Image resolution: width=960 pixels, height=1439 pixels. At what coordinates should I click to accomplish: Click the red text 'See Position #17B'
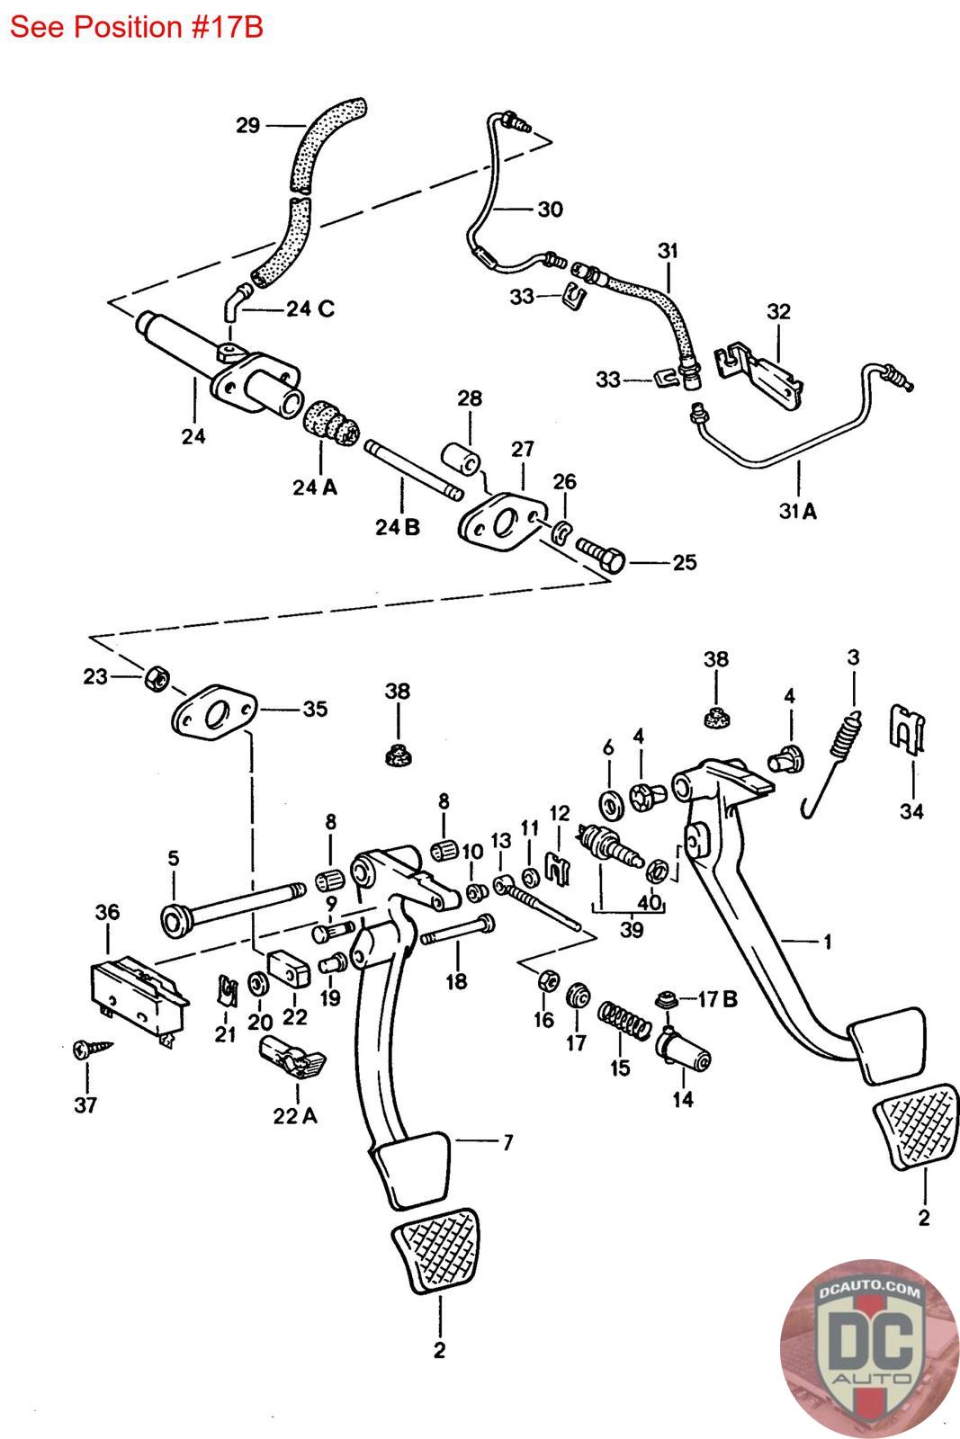pyautogui.click(x=136, y=28)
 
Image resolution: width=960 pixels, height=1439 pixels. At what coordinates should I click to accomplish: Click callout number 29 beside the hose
pyautogui.click(x=247, y=125)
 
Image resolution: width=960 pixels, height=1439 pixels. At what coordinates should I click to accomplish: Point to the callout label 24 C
pyautogui.click(x=310, y=309)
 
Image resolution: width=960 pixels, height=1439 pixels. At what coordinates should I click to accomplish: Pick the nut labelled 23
pyautogui.click(x=157, y=678)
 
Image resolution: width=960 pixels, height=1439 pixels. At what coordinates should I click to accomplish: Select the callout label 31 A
pyautogui.click(x=797, y=511)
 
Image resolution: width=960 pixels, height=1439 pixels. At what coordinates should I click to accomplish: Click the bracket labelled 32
pyautogui.click(x=758, y=373)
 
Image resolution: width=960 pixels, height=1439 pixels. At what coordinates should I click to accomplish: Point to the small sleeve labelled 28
pyautogui.click(x=461, y=459)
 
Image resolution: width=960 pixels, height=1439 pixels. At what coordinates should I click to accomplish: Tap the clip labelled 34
pyautogui.click(x=907, y=728)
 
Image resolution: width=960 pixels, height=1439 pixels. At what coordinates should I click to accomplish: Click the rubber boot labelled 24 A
pyautogui.click(x=330, y=424)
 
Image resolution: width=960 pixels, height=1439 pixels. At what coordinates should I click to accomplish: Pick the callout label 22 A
pyautogui.click(x=295, y=1116)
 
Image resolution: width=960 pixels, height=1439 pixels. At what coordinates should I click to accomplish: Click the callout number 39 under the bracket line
pyautogui.click(x=632, y=930)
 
